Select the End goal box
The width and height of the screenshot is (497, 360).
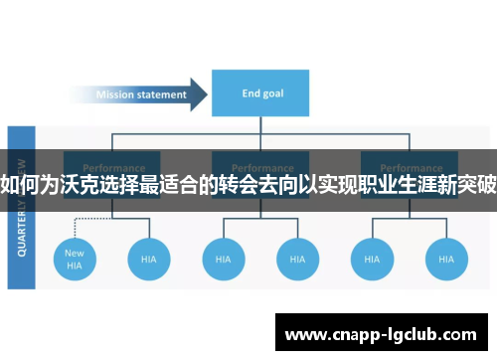tap(260, 94)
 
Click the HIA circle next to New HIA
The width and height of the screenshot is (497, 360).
tap(148, 259)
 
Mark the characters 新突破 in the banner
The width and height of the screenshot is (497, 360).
tap(466, 183)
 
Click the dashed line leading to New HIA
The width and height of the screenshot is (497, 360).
tap(76, 221)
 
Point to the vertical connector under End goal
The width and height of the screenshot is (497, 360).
tap(260, 126)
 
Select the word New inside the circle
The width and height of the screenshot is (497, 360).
tap(75, 253)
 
